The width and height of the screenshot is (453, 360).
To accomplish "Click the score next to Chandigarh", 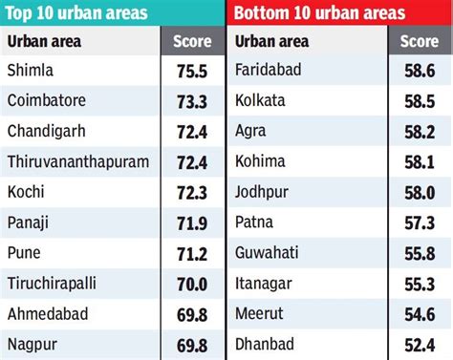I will coord(192,129).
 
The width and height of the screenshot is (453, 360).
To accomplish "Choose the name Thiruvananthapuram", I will coord(78,160).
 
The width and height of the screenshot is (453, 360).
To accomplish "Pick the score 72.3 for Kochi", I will coord(192,191).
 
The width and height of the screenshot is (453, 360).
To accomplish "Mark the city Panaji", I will coord(29,222).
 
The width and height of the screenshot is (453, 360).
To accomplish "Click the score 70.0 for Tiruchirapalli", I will coord(192,283).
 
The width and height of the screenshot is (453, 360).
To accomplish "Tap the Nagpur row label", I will coord(32,344).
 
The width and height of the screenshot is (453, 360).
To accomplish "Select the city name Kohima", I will coord(260,160).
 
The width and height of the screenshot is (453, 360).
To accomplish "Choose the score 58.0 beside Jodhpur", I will coord(420,191).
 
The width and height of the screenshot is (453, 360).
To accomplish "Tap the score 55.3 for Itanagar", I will coord(420,283).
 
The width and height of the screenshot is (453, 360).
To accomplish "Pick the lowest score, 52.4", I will coord(420,344).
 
